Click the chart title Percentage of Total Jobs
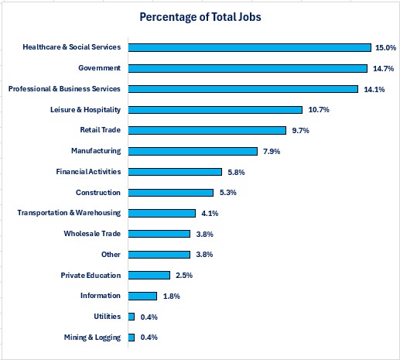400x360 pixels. point(200,16)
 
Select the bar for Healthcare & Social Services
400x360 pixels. point(249,47)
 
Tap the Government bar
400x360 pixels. point(248,68)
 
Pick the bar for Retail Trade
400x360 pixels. point(207,130)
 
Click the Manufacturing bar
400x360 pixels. point(193,151)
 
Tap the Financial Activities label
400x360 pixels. point(88,171)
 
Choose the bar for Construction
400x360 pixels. point(170,192)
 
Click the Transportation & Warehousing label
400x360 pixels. point(69,213)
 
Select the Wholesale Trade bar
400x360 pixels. point(159,233)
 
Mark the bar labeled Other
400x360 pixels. point(159,254)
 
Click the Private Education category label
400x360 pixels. point(91,275)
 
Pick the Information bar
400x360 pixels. point(142,295)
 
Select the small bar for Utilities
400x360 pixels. point(132,316)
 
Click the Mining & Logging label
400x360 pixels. point(93,337)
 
